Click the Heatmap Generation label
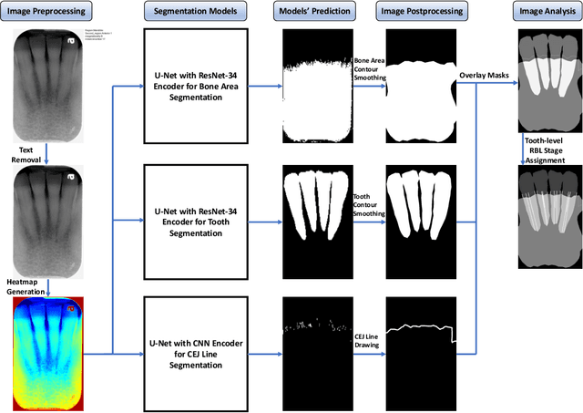point(27,284)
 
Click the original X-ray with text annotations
point(46,81)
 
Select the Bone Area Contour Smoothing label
point(369,68)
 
